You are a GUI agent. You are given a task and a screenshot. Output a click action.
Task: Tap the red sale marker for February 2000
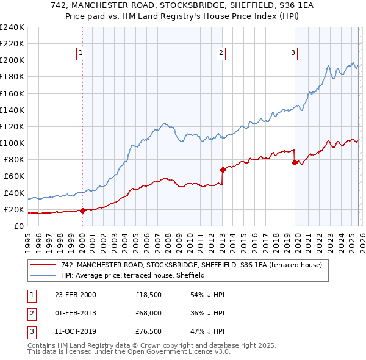coord(82,211)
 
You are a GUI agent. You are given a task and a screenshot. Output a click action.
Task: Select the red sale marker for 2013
coord(222,170)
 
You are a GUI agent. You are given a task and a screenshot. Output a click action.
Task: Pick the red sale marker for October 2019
coord(295,163)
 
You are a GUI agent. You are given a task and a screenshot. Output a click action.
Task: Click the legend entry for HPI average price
coord(132,275)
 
